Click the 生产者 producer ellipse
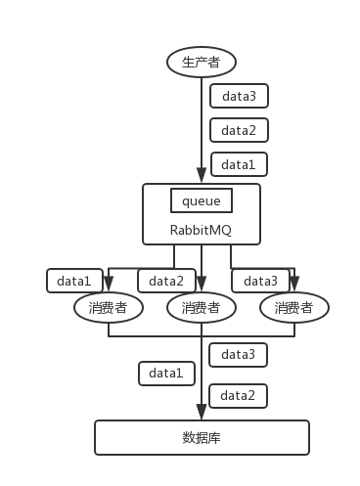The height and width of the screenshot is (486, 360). coord(202,63)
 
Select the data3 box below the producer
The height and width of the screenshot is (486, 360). coord(238,96)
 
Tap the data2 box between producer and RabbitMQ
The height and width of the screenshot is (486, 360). coord(238,130)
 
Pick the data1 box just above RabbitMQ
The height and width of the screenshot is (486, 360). coord(238,163)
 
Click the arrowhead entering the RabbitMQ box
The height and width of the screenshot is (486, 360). coord(202,175)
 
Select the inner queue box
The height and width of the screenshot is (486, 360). coord(202,200)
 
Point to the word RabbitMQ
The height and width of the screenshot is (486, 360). coord(202,232)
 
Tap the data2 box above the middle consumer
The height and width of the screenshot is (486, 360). coord(166,281)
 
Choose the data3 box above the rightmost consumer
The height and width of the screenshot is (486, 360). coord(260,281)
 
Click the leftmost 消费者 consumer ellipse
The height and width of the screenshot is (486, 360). coord(108,308)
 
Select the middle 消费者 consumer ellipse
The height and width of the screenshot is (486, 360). coord(202,308)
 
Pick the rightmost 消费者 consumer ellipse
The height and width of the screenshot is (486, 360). coord(293,308)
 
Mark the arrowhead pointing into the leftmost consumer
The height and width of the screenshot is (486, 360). coord(108,287)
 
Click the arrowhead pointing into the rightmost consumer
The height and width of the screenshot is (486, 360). coord(293,287)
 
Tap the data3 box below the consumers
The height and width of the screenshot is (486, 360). coord(238,354)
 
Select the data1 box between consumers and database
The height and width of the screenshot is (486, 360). coord(166,373)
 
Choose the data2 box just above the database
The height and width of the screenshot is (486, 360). coord(238,395)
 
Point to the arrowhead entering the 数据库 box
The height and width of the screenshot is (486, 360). coord(202,414)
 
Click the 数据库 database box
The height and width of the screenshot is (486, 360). coord(202,437)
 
